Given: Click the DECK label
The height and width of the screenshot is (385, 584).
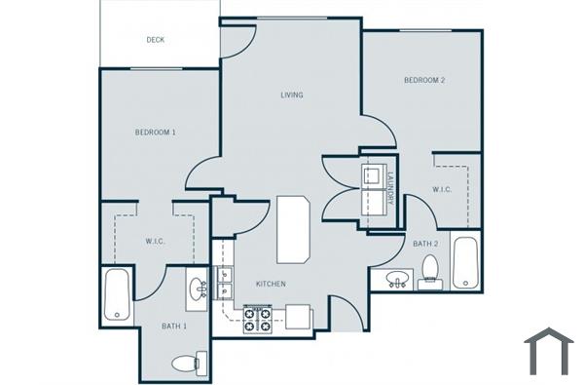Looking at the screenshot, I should [155, 40].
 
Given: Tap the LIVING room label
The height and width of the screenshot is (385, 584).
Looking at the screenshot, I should [291, 95].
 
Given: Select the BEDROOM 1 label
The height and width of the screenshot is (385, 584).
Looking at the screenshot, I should [155, 131].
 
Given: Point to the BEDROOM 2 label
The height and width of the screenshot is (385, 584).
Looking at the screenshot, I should [423, 80].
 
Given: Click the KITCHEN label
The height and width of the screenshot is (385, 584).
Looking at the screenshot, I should [270, 284].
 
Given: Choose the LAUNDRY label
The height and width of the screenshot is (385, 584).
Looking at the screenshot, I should [389, 186].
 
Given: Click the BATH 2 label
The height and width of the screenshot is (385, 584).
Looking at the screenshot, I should [423, 244].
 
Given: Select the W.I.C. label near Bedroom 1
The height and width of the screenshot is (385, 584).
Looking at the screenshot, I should [154, 241].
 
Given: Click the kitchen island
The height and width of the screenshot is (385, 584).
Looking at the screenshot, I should [292, 229].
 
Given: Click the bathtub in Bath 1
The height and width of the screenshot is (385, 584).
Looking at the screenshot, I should [116, 295].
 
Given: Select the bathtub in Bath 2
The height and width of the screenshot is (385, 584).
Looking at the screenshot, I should [464, 262].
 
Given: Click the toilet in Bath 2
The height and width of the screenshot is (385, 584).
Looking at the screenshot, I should [429, 273].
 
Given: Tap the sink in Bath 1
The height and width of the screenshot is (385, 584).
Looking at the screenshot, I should [198, 289].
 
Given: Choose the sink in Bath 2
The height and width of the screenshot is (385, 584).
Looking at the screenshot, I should [396, 281].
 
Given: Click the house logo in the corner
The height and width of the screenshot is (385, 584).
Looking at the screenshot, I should [548, 352].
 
